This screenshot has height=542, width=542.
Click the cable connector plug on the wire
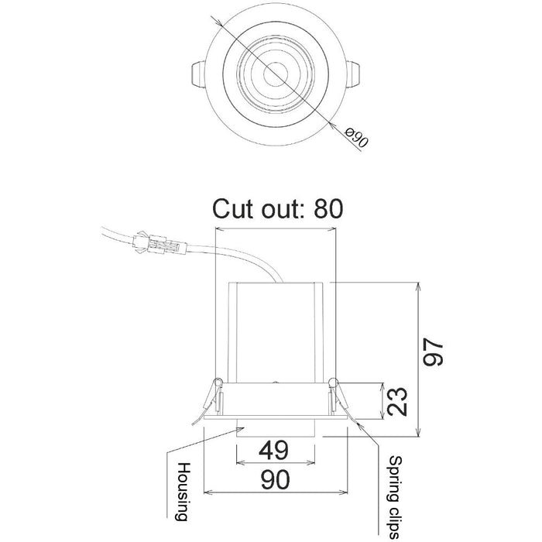[x=160, y=245]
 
